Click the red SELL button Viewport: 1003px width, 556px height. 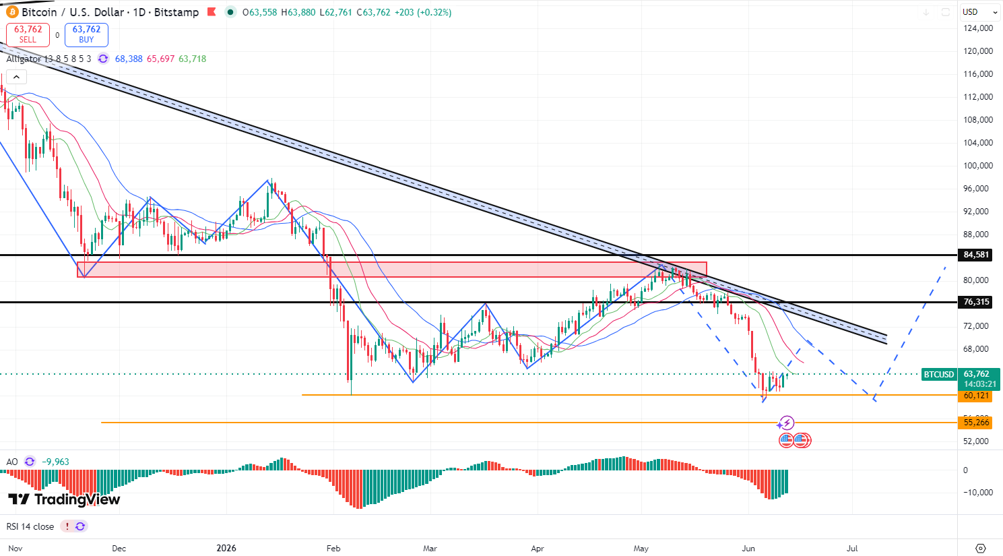28,34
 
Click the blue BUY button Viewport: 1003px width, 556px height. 86,34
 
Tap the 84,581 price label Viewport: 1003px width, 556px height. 976,255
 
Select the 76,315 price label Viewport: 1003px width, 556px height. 976,302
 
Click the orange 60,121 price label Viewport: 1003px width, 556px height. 976,396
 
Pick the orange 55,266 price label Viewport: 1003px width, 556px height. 976,423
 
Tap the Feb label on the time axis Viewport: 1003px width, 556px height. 333,549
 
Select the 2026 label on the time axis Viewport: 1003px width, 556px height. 226,549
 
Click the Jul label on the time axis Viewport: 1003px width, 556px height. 851,549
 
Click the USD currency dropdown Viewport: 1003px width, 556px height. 980,12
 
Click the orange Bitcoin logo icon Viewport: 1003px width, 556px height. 12,12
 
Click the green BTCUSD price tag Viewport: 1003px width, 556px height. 939,375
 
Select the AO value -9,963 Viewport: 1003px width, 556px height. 55,462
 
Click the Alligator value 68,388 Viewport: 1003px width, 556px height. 129,59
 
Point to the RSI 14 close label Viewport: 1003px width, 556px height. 30,526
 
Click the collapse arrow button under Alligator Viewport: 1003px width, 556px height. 17,77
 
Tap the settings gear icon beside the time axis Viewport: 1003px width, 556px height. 981,549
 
